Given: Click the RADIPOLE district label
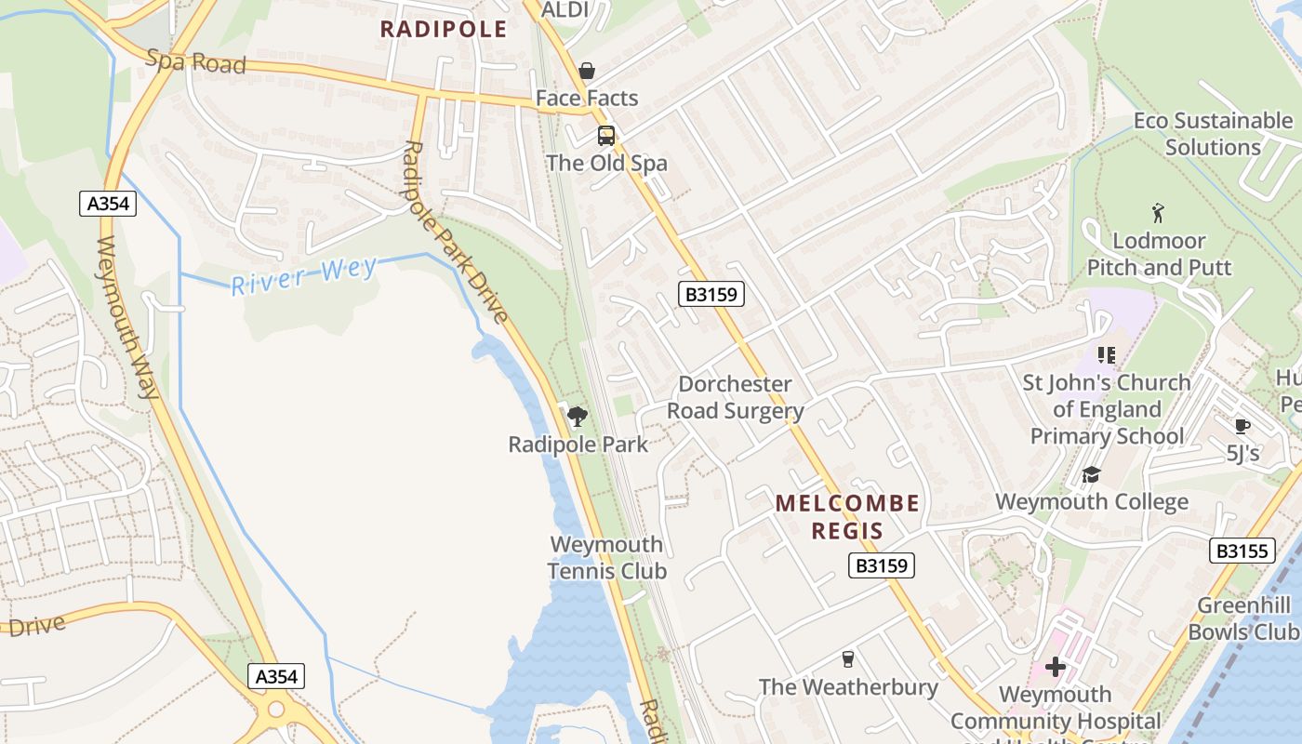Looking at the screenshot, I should (x=444, y=30).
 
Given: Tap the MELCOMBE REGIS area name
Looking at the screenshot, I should (x=847, y=517).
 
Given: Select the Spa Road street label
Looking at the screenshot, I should (x=196, y=62).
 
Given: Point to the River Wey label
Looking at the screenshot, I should (x=304, y=276).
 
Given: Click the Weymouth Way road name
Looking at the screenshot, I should (x=127, y=317).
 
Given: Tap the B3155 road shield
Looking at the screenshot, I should (x=1242, y=551).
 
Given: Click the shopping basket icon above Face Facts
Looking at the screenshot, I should (x=587, y=71).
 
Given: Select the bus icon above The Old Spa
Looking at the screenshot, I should (x=606, y=136).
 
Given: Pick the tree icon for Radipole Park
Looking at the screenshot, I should (x=578, y=416).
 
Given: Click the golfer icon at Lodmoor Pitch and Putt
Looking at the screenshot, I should (x=1158, y=213).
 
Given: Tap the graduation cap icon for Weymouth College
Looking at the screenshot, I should (x=1091, y=475).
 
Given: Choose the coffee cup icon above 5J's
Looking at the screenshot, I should (x=1242, y=426).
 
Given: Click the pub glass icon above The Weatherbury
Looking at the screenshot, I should (x=847, y=659).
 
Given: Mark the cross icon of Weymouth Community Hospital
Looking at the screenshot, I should (x=1055, y=667).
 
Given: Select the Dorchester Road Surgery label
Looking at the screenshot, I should (x=735, y=397).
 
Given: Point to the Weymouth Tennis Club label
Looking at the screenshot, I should (x=607, y=557).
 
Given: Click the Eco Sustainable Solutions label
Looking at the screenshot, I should (x=1212, y=134).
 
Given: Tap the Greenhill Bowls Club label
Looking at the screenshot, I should (x=1243, y=618).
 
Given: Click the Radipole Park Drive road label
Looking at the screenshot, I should (x=455, y=232).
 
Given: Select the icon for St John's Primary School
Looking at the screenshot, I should (x=1106, y=354).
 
